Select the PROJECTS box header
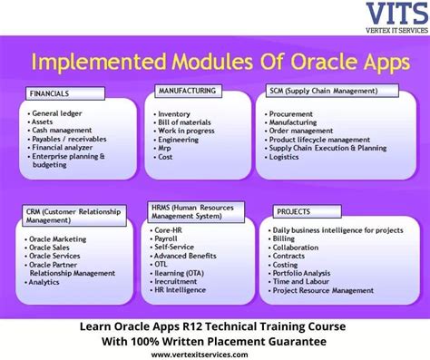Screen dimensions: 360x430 point(289,211)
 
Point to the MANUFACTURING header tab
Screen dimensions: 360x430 point(186,91)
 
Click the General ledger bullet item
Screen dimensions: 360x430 point(59,113)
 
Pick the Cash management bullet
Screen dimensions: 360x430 point(65,130)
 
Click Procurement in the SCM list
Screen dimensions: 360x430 point(293,114)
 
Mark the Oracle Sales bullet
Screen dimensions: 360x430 point(54,246)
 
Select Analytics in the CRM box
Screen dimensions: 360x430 point(47,281)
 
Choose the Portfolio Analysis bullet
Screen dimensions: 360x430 point(305,273)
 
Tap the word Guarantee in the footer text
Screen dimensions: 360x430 point(292,340)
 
